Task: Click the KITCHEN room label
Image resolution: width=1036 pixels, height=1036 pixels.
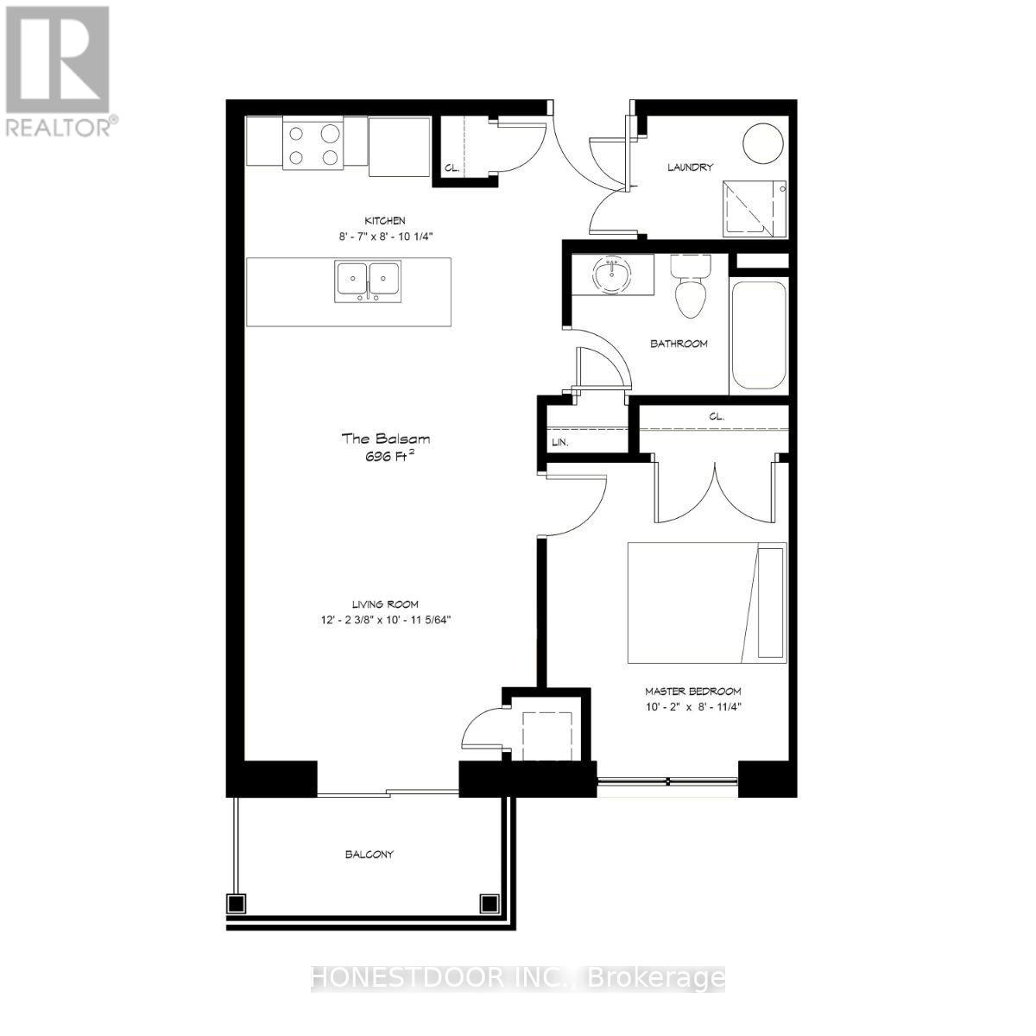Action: click(x=385, y=221)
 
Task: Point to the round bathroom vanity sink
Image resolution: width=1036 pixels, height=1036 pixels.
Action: click(x=612, y=275)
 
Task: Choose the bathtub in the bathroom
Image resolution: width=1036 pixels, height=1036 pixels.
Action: click(x=759, y=336)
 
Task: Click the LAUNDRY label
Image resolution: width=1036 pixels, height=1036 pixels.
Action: click(x=690, y=167)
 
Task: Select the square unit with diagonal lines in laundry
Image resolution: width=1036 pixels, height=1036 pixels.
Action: click(x=754, y=208)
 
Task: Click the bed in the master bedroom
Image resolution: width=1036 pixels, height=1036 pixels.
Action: click(x=706, y=603)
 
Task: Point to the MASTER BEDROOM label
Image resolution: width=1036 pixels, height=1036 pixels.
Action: click(x=693, y=692)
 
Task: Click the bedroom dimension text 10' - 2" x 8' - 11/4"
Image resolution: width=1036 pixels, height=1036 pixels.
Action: click(x=693, y=706)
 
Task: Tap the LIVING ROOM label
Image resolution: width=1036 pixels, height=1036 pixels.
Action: click(x=385, y=604)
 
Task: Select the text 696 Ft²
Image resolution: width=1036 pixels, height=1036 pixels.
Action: click(x=385, y=458)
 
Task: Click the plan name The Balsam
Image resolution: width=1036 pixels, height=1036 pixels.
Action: click(x=385, y=439)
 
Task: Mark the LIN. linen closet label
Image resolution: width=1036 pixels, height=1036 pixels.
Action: click(x=559, y=443)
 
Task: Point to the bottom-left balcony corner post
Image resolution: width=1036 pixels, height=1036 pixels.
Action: click(x=235, y=903)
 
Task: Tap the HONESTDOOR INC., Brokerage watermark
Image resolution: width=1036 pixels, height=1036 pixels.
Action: click(x=517, y=978)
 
